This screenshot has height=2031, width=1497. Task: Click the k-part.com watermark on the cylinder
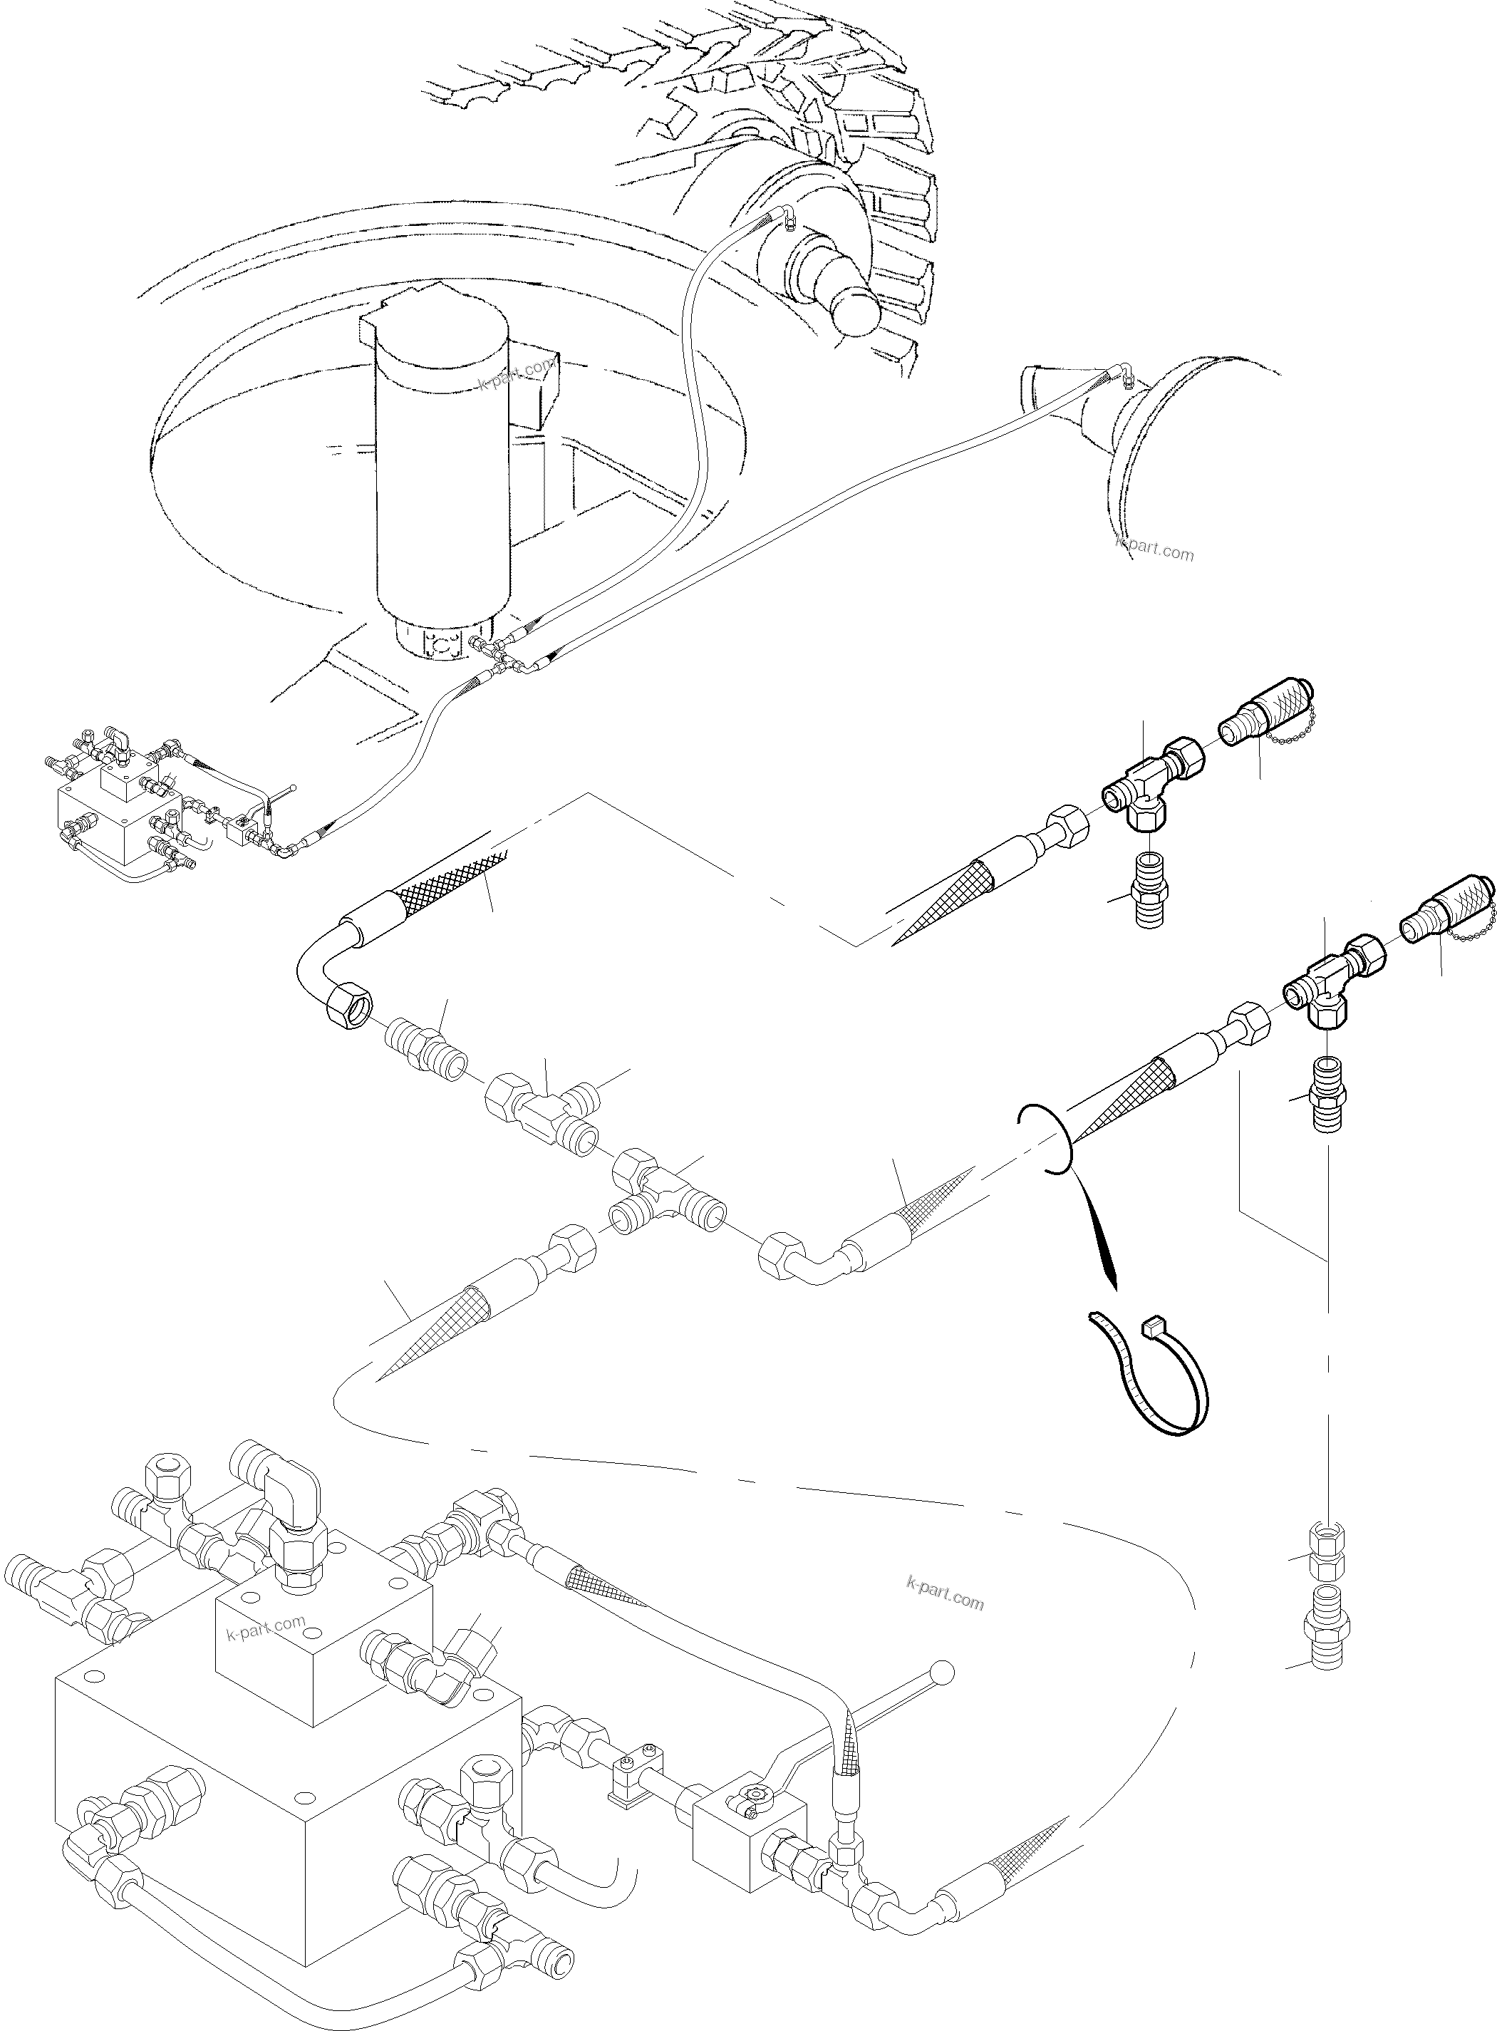[x=514, y=373]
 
